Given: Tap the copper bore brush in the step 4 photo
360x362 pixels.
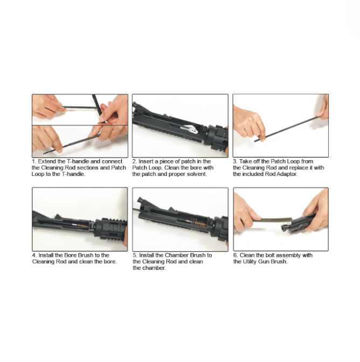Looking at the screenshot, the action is click(83, 226).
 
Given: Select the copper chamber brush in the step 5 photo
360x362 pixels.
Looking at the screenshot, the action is click(199, 223).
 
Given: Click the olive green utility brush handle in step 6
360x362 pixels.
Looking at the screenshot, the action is click(276, 220).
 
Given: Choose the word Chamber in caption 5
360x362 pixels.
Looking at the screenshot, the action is click(177, 255).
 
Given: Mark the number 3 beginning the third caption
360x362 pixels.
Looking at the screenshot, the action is click(235, 161).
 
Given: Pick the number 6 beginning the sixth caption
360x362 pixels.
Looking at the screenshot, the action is click(236, 255).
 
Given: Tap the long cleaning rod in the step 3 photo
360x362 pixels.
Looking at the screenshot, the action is click(287, 129).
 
